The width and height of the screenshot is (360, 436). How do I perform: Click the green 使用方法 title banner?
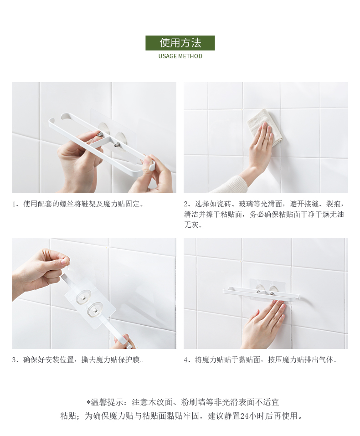(180, 43)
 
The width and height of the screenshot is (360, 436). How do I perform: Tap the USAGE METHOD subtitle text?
(180, 56)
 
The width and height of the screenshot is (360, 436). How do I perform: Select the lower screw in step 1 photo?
(118, 144)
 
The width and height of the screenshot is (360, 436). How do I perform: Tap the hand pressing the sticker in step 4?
(264, 324)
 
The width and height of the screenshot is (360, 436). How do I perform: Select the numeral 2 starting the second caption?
(186, 205)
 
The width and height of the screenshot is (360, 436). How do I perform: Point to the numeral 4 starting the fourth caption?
(186, 360)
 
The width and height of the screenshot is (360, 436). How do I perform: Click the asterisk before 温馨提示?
(88, 402)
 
